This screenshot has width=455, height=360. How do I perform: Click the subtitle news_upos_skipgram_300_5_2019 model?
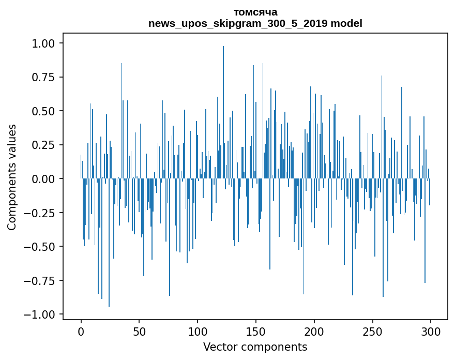(255, 23)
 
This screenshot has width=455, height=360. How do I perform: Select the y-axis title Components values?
(11, 177)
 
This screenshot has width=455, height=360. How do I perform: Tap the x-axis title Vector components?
(255, 347)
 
